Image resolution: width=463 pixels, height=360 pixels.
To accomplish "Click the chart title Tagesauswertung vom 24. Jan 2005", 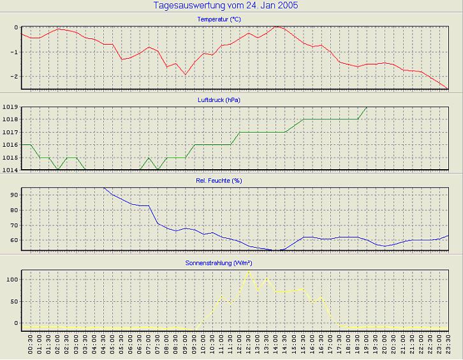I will tap(226, 6).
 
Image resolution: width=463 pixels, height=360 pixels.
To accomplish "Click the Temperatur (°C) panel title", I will tap(219, 20).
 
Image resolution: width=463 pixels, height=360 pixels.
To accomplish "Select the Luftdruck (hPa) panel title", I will tap(219, 100).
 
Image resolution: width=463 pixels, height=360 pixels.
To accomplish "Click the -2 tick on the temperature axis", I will tap(14, 77).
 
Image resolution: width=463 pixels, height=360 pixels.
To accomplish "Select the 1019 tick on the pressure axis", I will tap(10, 107).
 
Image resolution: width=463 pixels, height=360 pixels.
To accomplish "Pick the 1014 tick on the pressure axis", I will tap(10, 170).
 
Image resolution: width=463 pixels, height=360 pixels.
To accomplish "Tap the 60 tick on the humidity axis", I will tap(13, 240).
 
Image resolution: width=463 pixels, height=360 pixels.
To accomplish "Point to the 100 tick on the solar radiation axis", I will tap(11, 279).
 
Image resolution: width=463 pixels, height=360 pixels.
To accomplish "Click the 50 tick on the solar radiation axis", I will tap(13, 301).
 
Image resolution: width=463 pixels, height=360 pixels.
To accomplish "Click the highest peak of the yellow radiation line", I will tap(249, 271).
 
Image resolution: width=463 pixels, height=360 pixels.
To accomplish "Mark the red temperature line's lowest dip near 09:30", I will tap(186, 75).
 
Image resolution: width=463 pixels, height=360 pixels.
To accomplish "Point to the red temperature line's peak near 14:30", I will tap(276, 27).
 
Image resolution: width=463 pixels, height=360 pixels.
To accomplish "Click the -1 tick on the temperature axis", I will tap(14, 52).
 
